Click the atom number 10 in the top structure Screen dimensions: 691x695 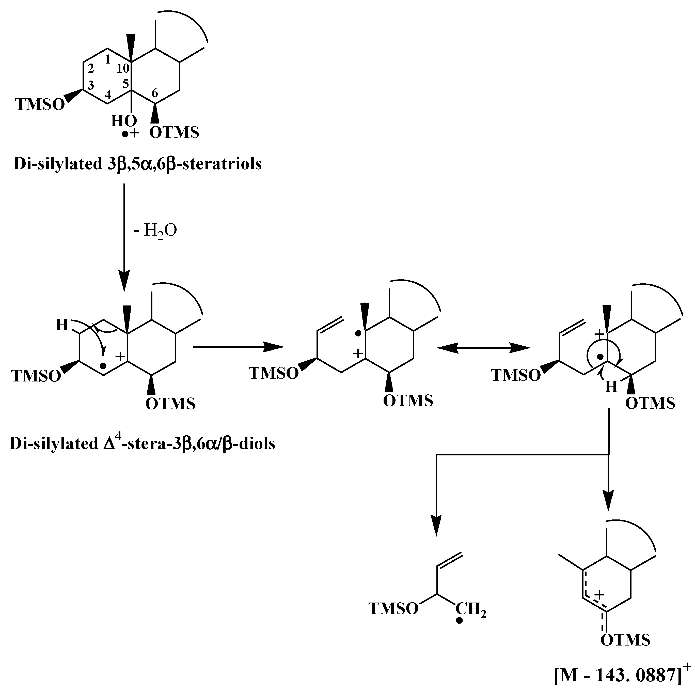123,68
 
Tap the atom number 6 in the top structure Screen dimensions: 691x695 154,93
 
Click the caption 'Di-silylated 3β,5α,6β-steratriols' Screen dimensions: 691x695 137,164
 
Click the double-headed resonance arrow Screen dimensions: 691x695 483,348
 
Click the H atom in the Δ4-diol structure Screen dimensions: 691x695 62,325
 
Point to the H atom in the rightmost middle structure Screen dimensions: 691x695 611,387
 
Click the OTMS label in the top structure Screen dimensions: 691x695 174,133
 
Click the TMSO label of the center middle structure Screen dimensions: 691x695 274,373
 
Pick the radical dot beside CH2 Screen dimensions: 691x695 459,621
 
